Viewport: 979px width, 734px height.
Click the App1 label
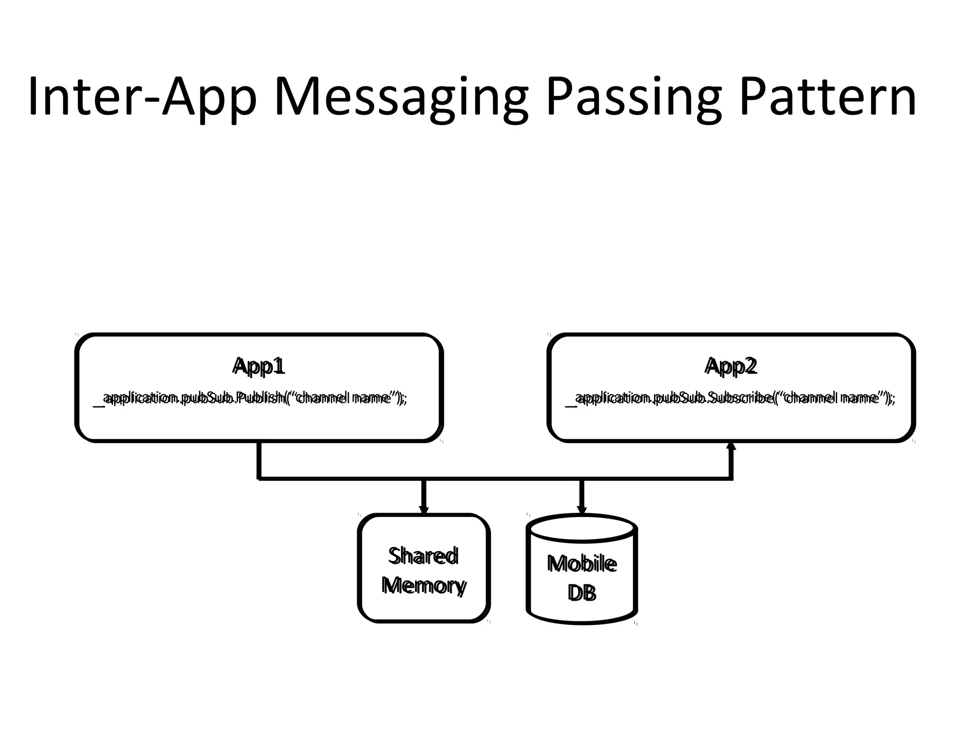point(259,366)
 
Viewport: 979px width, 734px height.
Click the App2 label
point(731,366)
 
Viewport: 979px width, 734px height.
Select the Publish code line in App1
point(250,398)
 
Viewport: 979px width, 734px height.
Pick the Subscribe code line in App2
point(730,398)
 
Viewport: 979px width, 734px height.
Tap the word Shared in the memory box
point(424,556)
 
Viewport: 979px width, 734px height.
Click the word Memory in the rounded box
point(424,585)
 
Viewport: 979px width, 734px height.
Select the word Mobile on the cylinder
point(582,564)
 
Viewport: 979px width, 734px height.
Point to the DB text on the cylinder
point(582,593)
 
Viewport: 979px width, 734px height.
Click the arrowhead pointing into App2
point(731,446)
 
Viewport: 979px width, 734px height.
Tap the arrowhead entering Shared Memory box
point(424,509)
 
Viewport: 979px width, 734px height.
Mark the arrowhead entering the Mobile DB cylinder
point(582,510)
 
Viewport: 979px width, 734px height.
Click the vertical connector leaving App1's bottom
point(259,460)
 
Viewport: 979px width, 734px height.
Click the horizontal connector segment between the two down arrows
point(502,478)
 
